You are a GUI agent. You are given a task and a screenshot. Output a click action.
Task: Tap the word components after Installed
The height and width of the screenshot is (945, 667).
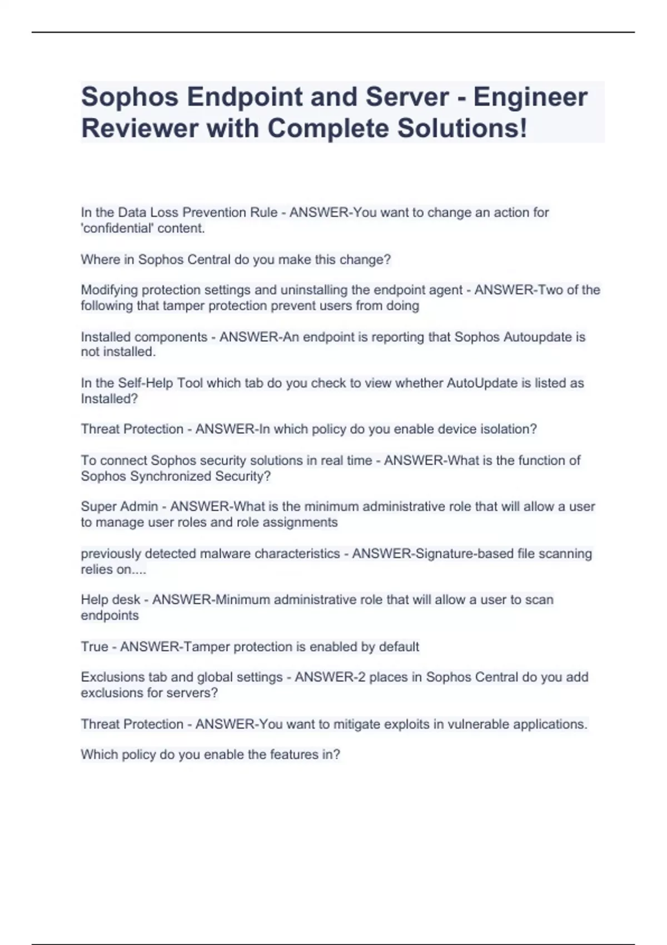click(x=171, y=337)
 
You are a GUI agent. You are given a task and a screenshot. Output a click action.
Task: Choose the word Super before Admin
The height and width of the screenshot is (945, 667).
click(x=98, y=506)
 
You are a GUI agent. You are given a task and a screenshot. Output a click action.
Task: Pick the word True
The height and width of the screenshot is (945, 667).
click(x=94, y=646)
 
